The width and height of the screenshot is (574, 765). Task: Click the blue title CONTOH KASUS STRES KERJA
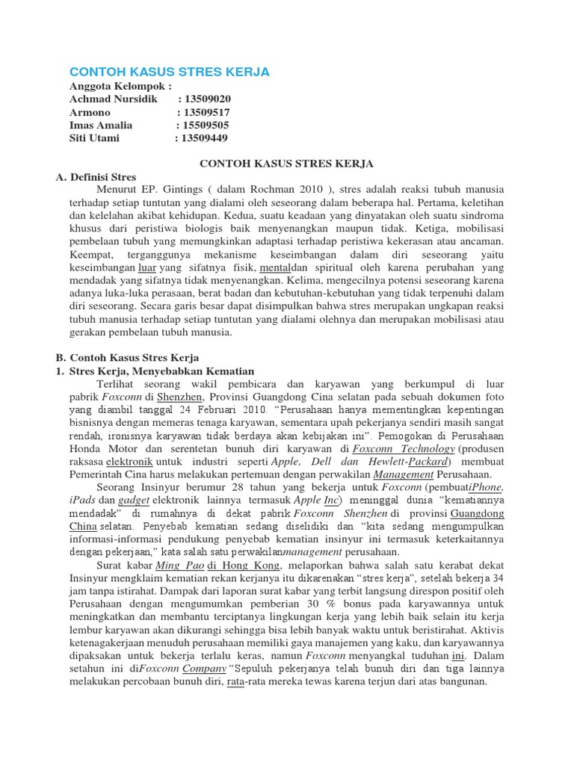pyautogui.click(x=169, y=72)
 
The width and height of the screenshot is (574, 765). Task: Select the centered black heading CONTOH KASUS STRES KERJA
pyautogui.click(x=286, y=163)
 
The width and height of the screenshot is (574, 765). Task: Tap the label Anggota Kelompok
pyautogui.click(x=120, y=86)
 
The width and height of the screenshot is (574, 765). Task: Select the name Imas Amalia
pyautogui.click(x=101, y=125)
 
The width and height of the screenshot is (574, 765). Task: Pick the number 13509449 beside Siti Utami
pyautogui.click(x=201, y=137)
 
